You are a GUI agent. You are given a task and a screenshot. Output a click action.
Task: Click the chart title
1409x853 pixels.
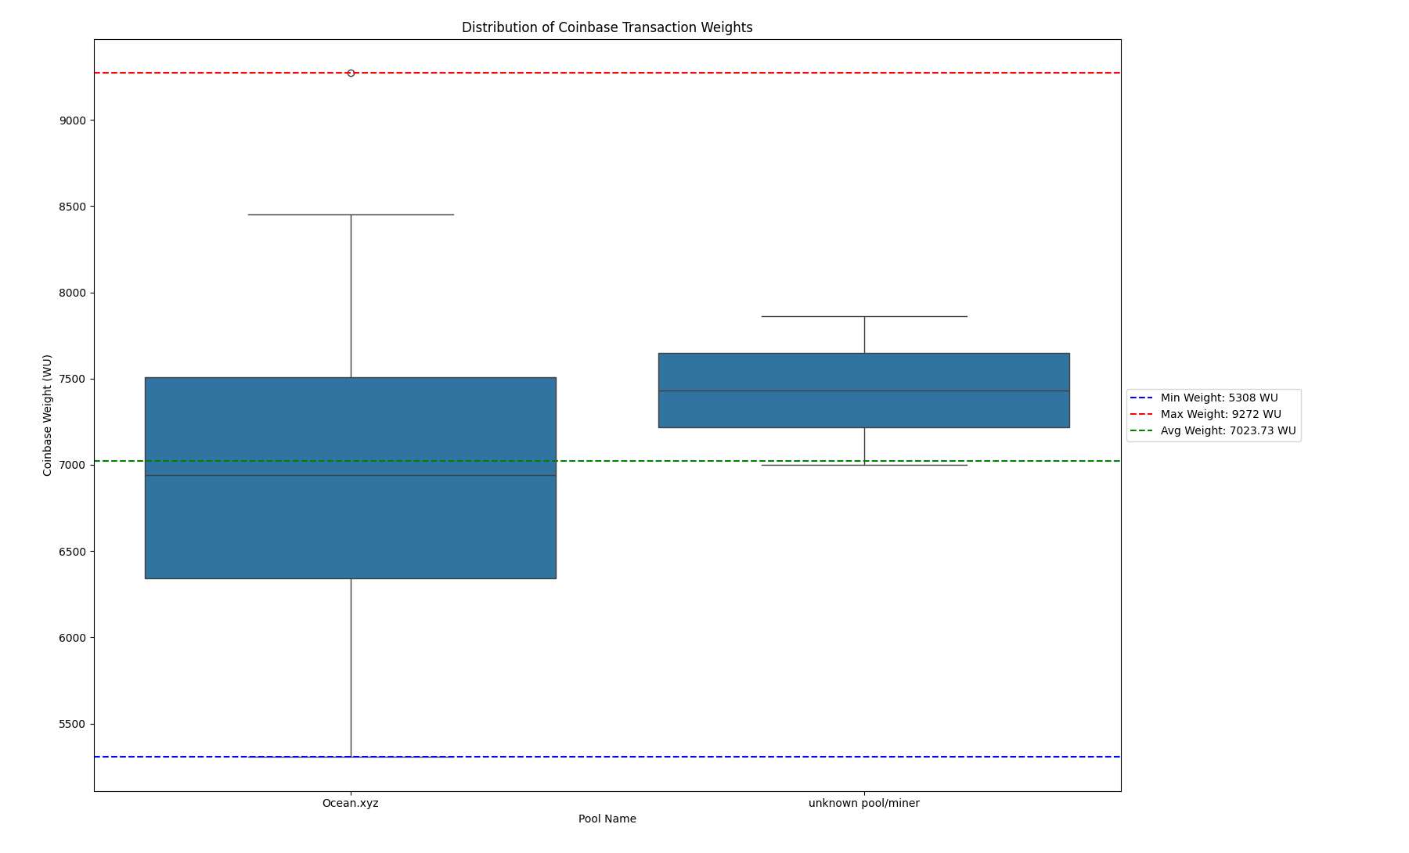click(607, 27)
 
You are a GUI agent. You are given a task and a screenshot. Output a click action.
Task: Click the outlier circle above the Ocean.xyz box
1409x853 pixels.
click(351, 73)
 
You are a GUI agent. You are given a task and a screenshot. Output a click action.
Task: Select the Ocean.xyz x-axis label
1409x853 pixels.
click(350, 803)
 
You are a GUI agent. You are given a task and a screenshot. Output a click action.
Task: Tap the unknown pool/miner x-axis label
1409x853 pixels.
click(863, 803)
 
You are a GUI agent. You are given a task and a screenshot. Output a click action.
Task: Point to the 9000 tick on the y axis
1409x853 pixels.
click(73, 121)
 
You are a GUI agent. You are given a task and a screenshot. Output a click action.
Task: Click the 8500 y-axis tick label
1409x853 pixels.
click(73, 207)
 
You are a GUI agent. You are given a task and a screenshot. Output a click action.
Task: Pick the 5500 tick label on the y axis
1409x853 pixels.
click(73, 724)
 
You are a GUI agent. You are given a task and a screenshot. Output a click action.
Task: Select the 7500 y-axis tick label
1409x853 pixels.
click(73, 379)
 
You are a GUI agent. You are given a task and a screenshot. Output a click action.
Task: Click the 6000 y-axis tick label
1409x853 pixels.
click(73, 638)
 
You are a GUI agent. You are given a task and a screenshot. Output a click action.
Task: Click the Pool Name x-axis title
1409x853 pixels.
click(607, 819)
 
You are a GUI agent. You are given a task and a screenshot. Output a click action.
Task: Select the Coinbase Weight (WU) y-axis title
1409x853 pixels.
click(48, 415)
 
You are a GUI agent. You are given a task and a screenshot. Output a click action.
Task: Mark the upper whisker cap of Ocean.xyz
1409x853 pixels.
click(351, 214)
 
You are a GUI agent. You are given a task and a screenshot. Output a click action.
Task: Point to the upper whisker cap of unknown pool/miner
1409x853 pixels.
click(864, 316)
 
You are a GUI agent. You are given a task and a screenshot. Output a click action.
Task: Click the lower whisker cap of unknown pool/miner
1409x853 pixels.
click(864, 465)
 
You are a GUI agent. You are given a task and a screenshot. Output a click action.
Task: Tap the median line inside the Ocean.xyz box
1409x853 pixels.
click(351, 475)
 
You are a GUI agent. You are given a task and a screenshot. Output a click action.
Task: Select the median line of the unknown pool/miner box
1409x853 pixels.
click(864, 391)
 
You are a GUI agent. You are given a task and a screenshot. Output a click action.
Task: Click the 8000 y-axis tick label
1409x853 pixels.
click(73, 293)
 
